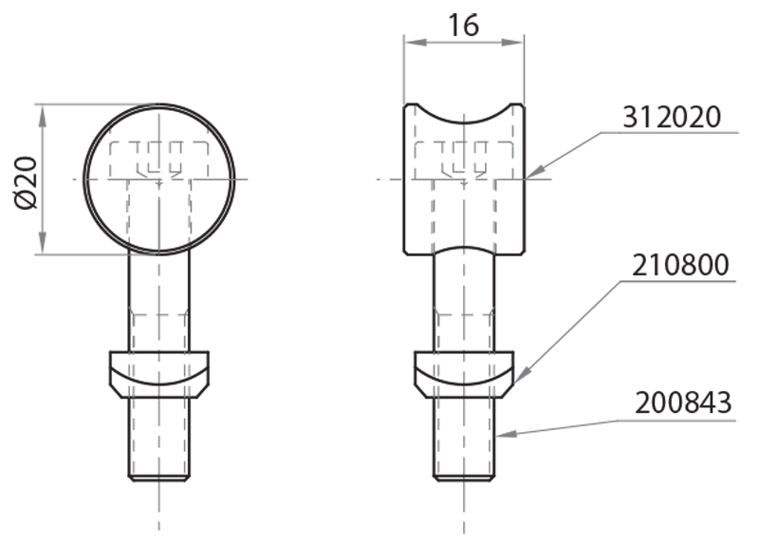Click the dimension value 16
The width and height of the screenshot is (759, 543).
[x=463, y=25]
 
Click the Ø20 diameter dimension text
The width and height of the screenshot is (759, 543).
[x=25, y=179]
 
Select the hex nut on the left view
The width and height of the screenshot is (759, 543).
[x=159, y=371]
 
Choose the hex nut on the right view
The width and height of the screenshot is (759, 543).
[x=464, y=371]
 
